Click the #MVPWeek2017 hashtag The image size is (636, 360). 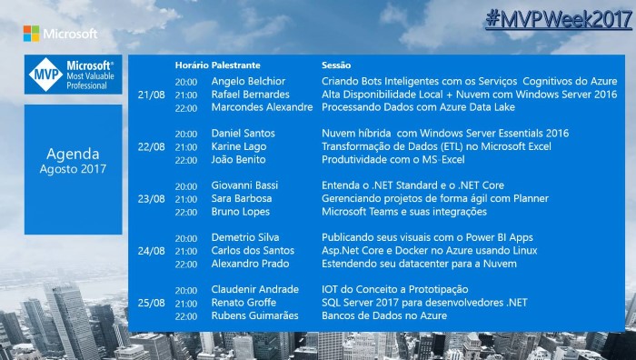click(559, 19)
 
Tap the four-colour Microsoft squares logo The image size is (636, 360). click(31, 34)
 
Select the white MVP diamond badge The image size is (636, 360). click(45, 75)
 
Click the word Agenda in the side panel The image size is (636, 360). click(73, 154)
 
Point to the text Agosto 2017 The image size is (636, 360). click(73, 169)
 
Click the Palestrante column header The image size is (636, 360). click(235, 65)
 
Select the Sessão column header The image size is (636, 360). click(336, 65)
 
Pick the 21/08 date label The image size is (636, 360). click(152, 95)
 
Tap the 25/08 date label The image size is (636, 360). click(152, 303)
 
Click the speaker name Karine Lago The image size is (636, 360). click(239, 146)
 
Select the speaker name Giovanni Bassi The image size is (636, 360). click(244, 185)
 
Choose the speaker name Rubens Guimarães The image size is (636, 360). click(254, 315)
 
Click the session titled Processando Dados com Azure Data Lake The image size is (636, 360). click(418, 107)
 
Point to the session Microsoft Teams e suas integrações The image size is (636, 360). click(404, 212)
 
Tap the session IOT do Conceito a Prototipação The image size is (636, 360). click(394, 289)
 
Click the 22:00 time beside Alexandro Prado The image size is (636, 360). click(186, 265)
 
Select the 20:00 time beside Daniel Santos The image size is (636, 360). click(186, 134)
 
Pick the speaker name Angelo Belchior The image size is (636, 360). click(248, 81)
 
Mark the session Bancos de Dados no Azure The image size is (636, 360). click(384, 315)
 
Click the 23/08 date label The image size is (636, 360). click(152, 199)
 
